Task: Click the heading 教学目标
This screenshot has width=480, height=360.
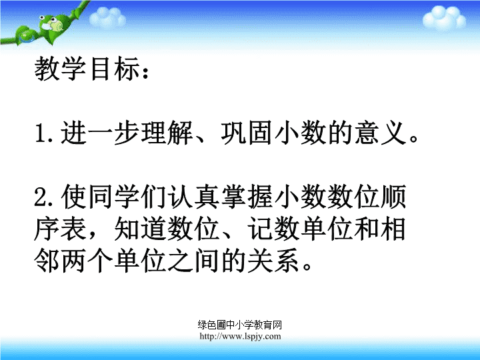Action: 87,69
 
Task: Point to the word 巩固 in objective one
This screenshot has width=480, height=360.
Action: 247,133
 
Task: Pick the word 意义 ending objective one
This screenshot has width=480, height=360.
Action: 381,133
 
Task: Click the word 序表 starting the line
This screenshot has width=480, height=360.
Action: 60,229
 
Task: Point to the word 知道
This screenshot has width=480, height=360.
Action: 140,229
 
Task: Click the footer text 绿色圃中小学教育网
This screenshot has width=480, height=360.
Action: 240,325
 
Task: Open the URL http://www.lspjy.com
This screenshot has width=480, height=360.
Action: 240,336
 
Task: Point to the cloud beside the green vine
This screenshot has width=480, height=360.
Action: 108,17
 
